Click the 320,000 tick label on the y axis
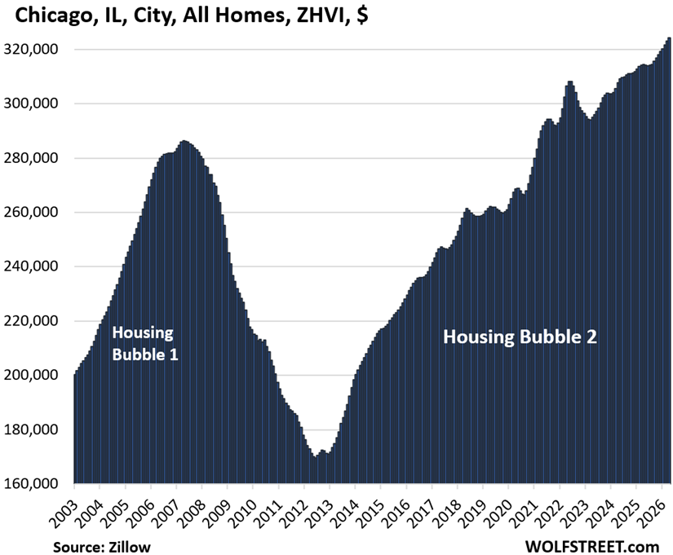[30, 50]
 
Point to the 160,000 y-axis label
[30, 483]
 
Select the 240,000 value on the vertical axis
[30, 266]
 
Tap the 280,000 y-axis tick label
[30, 158]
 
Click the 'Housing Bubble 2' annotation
[520, 337]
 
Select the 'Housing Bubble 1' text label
[144, 344]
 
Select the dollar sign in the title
[362, 15]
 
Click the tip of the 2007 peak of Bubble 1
[184, 140]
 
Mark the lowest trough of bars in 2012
[315, 457]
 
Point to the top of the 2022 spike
[570, 81]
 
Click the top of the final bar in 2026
[669, 37]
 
